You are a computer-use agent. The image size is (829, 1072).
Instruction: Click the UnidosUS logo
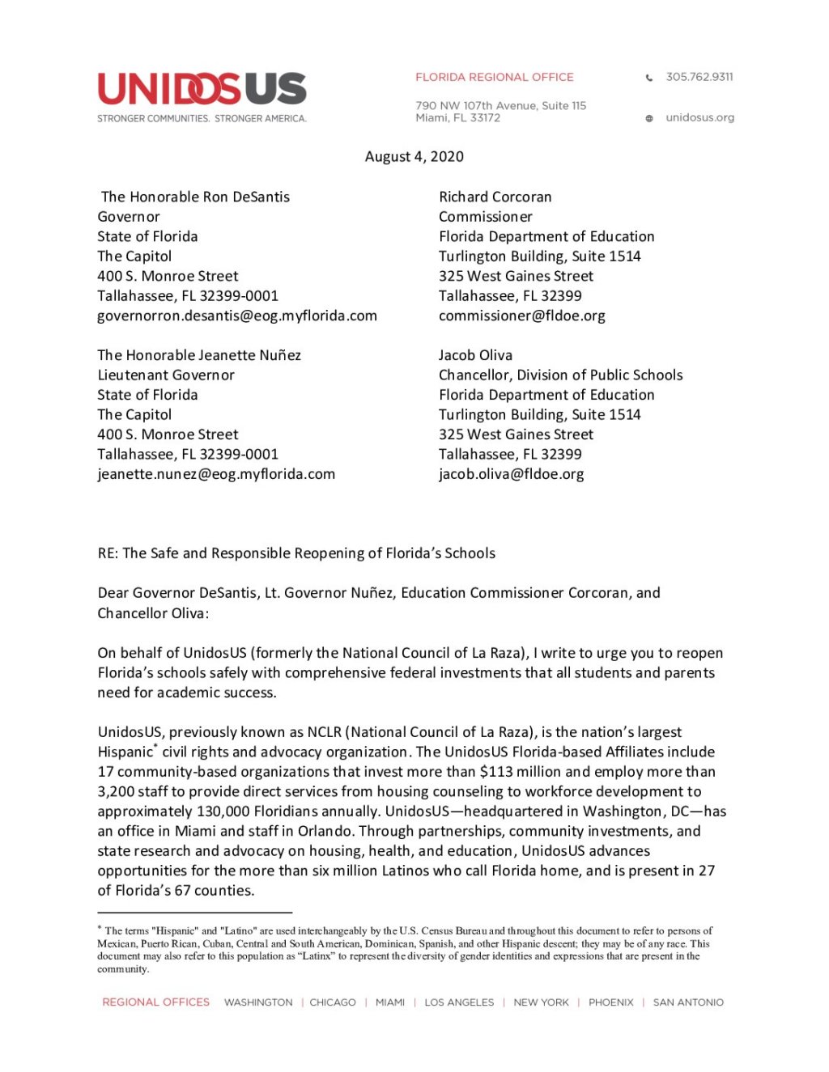[202, 90]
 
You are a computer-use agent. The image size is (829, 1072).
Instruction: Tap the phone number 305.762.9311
[699, 77]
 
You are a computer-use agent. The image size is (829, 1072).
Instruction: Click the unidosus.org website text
[699, 117]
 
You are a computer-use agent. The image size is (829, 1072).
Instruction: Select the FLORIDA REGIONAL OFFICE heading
[494, 77]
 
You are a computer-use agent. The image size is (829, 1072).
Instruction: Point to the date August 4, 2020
[414, 156]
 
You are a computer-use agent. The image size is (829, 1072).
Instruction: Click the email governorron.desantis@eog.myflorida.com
[237, 316]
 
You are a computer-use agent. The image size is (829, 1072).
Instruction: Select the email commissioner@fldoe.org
[521, 316]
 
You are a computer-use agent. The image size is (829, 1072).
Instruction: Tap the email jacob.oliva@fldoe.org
[511, 474]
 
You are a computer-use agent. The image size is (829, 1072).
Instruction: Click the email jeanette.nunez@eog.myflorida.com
[216, 474]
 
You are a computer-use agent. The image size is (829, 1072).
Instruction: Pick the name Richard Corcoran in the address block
[495, 197]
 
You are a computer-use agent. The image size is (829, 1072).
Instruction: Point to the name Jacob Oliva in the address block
[475, 355]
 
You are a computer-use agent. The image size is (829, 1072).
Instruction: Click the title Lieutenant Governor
[166, 375]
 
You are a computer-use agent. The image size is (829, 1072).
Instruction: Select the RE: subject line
[296, 553]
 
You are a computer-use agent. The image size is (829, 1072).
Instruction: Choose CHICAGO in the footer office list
[333, 1002]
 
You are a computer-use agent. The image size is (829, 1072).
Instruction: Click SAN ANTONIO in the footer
[688, 1002]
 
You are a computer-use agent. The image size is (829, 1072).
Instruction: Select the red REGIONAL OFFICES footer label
[155, 1002]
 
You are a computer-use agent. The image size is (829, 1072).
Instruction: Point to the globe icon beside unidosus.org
[649, 118]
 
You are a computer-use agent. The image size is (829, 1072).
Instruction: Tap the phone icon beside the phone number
[649, 78]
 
